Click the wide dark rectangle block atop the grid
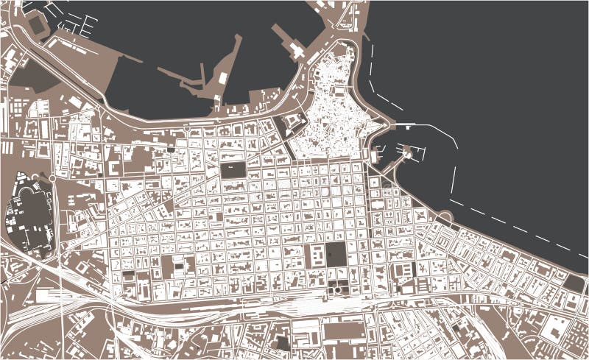pos(234,170)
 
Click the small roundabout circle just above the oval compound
pos(52,178)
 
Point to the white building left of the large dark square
pos(314,257)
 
